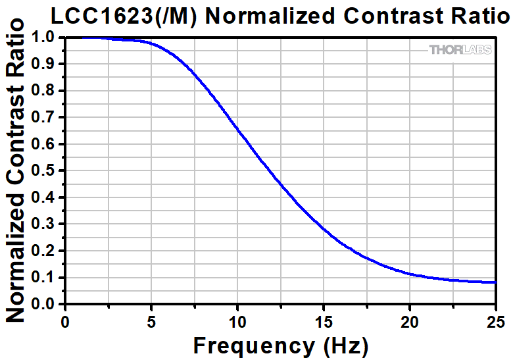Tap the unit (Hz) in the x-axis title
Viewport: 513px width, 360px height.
click(x=344, y=345)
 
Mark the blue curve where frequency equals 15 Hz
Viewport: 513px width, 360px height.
click(x=323, y=229)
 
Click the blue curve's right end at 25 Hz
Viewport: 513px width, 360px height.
click(x=495, y=282)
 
